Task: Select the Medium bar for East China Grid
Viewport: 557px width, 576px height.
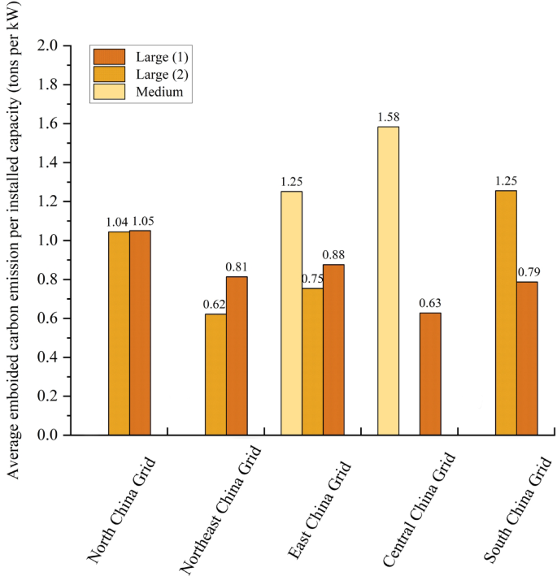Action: tap(291, 313)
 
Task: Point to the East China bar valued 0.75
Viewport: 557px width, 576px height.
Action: tap(312, 362)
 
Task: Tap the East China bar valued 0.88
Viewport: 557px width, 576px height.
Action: tap(333, 349)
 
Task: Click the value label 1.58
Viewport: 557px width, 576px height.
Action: tap(389, 117)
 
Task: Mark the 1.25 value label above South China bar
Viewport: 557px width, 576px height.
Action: tap(506, 180)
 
